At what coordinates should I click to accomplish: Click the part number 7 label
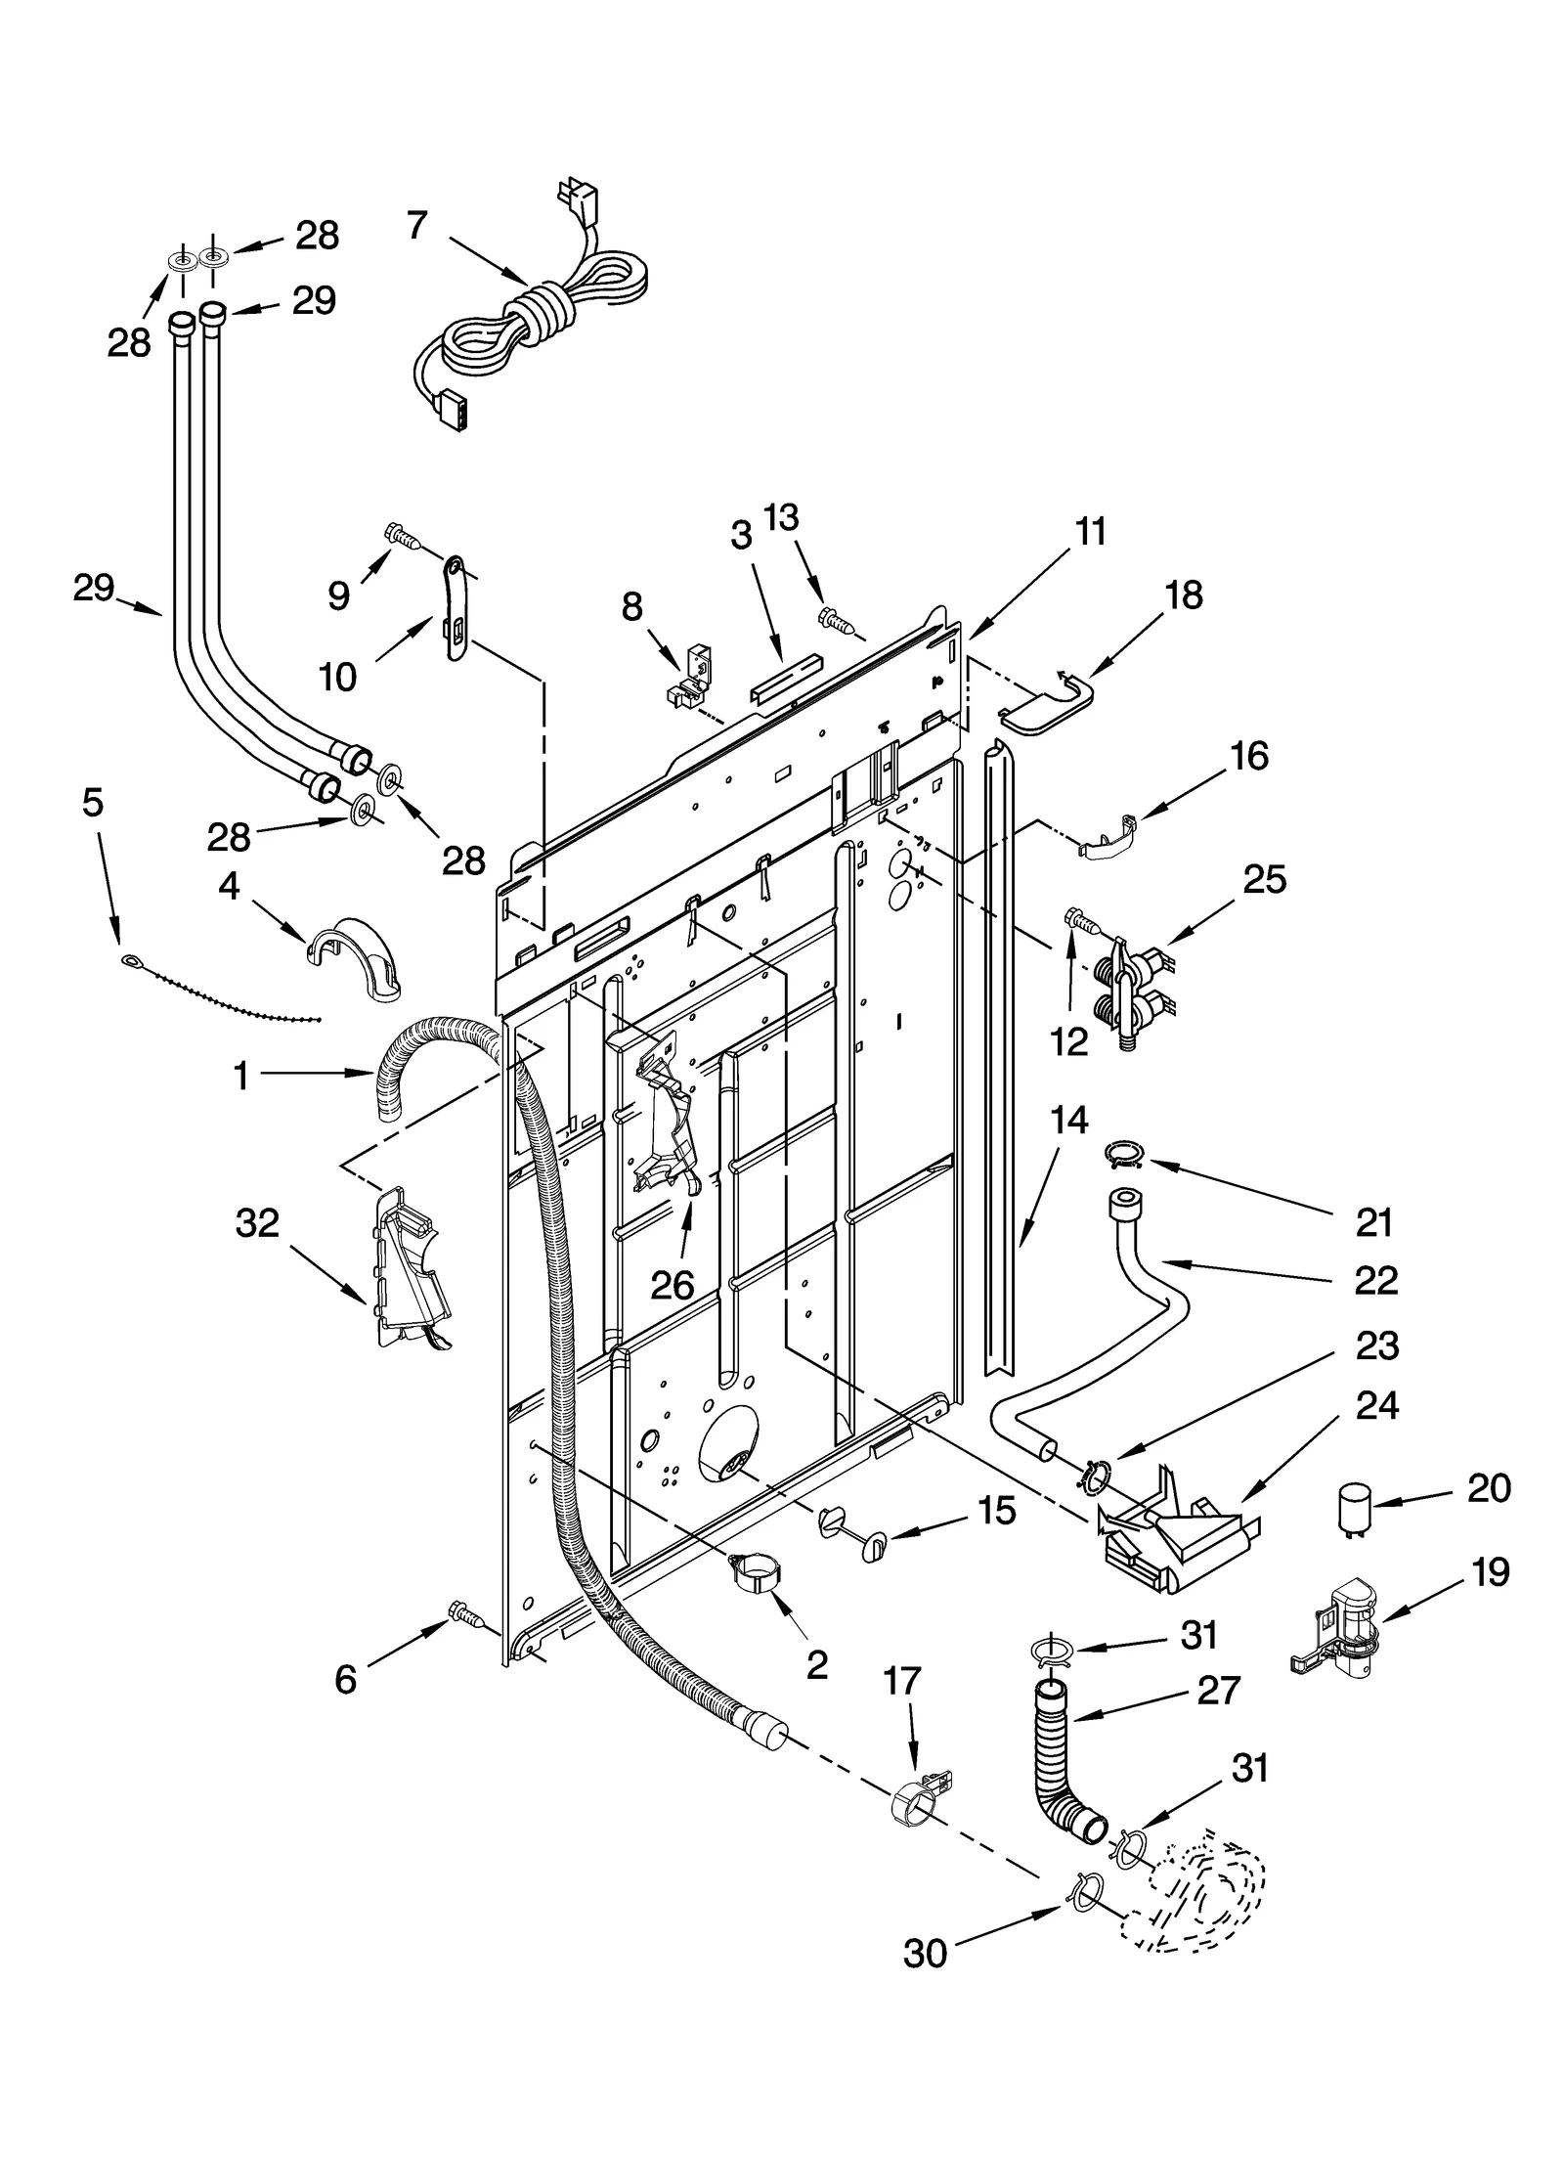[417, 226]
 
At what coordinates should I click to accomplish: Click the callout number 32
[257, 1222]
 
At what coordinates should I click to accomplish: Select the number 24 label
[1377, 1405]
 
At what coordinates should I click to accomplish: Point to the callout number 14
[1069, 1120]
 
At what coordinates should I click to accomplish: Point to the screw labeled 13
[834, 619]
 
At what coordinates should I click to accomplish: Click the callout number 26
[673, 1285]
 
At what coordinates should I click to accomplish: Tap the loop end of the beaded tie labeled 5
[132, 961]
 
